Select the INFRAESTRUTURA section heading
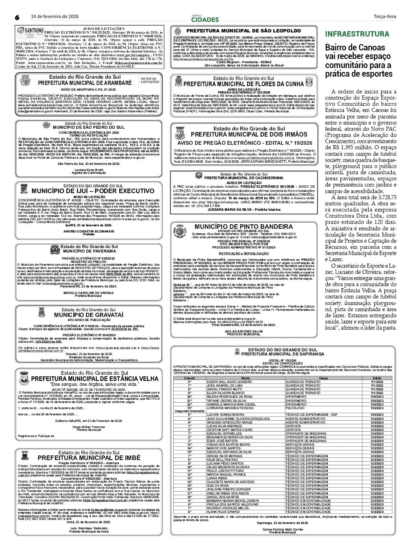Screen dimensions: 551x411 (x=357, y=34)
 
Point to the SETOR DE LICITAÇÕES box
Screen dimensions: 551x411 (x=150, y=80)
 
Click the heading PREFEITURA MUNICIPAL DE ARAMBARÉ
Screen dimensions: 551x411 (x=85, y=83)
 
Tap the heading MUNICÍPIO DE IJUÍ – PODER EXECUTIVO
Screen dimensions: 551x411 (x=93, y=191)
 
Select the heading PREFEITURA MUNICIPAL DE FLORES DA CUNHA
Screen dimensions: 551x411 (x=249, y=84)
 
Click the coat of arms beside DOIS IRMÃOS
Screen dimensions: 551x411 (x=180, y=133)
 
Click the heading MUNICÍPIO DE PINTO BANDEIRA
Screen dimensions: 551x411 (x=243, y=227)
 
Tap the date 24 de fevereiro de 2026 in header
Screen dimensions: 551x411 (x=55, y=17)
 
